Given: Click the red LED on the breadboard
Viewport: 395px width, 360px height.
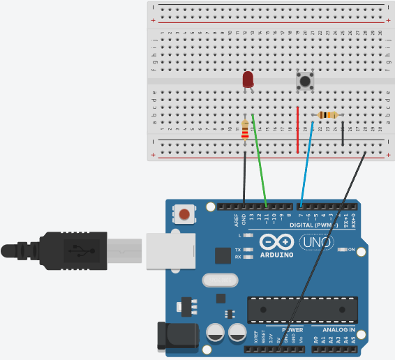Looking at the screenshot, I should (x=248, y=80).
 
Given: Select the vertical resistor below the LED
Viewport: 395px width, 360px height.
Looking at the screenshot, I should (x=244, y=129).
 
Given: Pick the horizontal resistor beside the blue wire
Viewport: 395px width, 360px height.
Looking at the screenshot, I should (x=327, y=115).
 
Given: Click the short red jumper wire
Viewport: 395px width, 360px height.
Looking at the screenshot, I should (x=297, y=130).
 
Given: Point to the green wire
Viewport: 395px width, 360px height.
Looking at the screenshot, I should (x=259, y=159).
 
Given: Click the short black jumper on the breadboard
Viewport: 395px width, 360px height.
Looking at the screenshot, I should (x=343, y=133).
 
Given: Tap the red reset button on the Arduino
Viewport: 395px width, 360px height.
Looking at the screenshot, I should (x=185, y=213).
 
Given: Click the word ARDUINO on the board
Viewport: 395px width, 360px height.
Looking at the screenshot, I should (x=277, y=255).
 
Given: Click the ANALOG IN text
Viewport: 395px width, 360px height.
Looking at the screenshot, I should (x=338, y=329).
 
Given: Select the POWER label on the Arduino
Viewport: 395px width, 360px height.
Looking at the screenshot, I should (x=292, y=329).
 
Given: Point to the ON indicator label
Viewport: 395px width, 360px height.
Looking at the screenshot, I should (x=351, y=250).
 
